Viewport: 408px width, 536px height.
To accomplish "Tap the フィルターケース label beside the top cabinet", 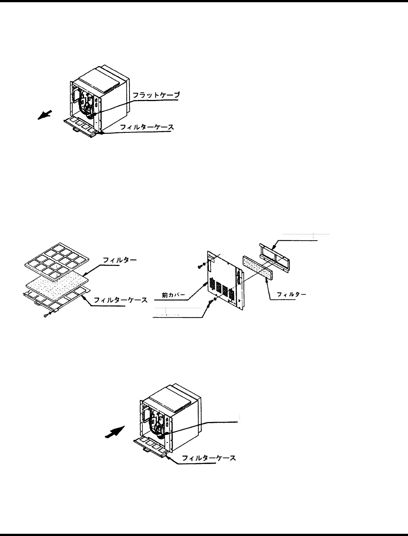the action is click(x=147, y=128).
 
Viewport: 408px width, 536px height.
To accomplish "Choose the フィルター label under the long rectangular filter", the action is click(x=291, y=294).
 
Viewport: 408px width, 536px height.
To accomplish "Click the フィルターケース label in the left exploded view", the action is click(x=121, y=300).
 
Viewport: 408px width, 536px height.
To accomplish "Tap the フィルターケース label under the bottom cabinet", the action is click(x=209, y=459).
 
